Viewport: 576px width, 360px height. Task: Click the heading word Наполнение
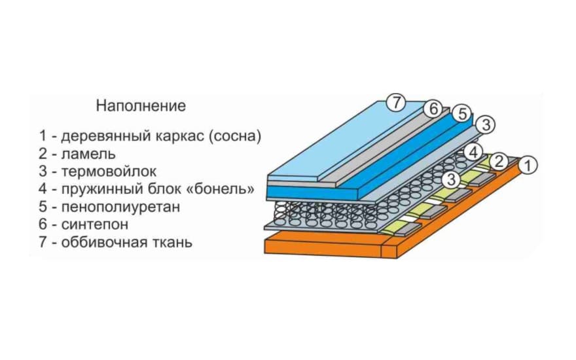pos(141,106)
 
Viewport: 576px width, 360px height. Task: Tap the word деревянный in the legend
pos(106,136)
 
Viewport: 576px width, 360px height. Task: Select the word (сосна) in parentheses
pos(235,136)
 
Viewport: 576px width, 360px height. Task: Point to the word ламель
pos(88,154)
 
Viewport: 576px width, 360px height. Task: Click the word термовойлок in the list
pos(109,171)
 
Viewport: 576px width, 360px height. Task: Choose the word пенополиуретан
pos(120,207)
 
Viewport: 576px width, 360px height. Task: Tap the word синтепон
pos(95,224)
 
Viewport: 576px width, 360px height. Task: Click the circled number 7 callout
pos(395,103)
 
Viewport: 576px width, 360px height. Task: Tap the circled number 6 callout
pos(433,109)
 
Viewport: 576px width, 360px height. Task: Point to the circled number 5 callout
pos(461,114)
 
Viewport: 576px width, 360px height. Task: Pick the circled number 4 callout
pos(473,152)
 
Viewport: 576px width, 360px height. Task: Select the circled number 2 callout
pos(499,161)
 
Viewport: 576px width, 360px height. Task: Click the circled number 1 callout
pos(528,166)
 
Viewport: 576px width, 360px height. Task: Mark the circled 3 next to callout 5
pos(485,125)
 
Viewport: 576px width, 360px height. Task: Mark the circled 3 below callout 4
pos(451,179)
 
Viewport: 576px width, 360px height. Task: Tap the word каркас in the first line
pos(179,136)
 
